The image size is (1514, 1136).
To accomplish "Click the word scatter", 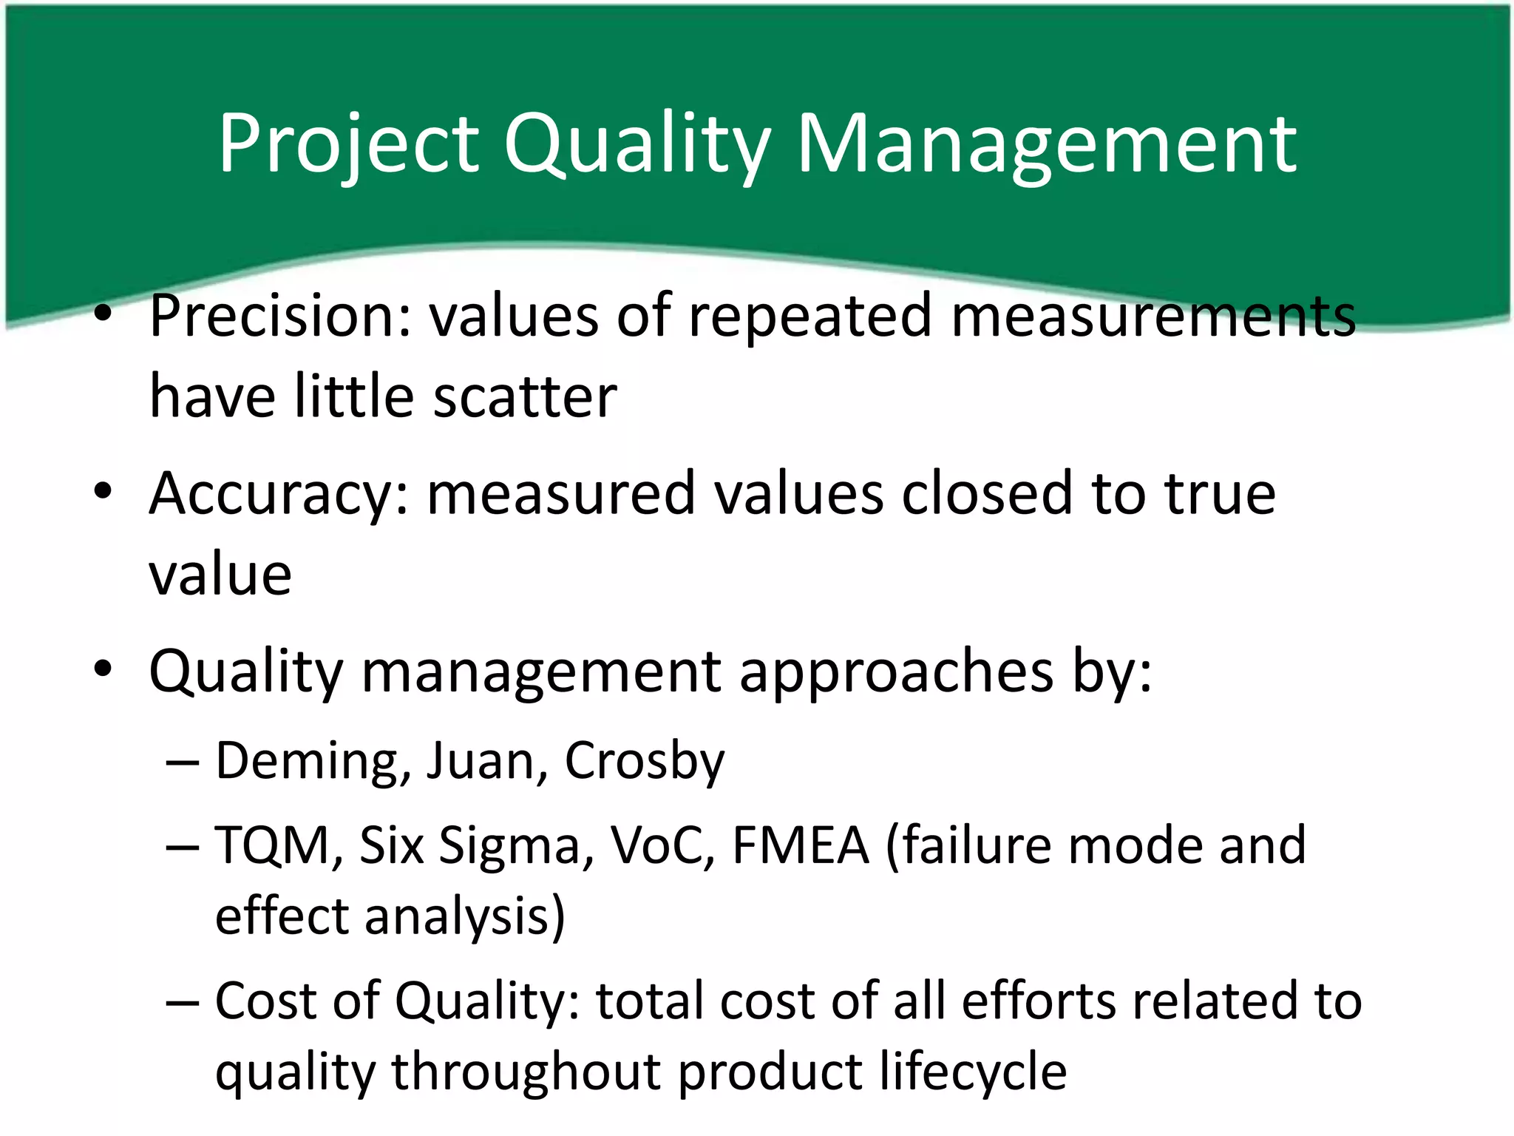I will pos(525,397).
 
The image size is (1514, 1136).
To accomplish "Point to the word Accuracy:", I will pos(279,494).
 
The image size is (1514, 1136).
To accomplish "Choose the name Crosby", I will pos(645,762).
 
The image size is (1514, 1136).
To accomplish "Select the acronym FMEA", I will pos(801,845).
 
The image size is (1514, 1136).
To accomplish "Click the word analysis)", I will pos(465,917).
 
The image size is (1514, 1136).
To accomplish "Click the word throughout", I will pos(526,1072).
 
